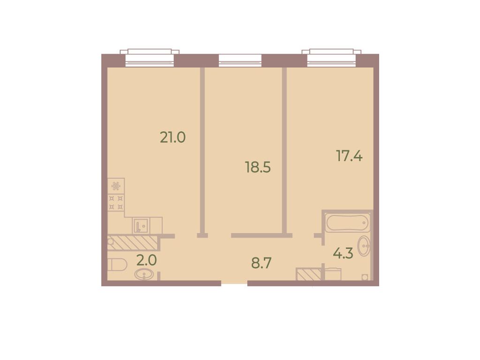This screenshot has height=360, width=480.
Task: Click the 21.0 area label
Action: coord(173,137)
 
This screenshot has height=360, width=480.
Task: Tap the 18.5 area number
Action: coord(258,167)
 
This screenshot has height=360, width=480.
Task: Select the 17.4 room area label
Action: coord(349,156)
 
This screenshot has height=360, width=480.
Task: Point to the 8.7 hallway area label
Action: coord(261,263)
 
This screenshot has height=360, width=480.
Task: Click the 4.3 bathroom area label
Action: coord(343,253)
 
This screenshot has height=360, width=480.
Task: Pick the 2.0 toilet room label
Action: coord(147,261)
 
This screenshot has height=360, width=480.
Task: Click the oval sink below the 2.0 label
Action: coord(144,274)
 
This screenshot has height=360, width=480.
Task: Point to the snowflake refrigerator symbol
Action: coord(116,186)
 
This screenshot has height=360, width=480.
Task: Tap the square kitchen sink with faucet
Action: coord(140,226)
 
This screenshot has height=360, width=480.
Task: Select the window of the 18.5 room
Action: coord(240,60)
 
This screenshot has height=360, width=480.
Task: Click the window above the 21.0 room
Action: coord(150,58)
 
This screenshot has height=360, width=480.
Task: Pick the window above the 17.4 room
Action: coord(332,58)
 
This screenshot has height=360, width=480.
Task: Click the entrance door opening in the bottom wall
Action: coord(234,283)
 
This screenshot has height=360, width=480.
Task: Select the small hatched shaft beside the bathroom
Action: coord(309,274)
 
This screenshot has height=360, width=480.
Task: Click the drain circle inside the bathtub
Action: coord(364,223)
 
